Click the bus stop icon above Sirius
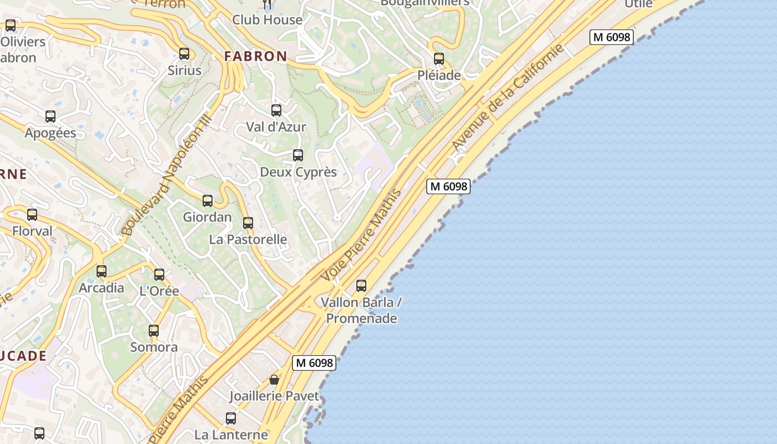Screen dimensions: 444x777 [x=184, y=54]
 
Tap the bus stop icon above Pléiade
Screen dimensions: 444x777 [x=439, y=58]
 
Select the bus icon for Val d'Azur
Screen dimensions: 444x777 [x=276, y=110]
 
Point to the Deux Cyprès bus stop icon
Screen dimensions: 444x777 [x=298, y=155]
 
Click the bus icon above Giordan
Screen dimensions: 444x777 [x=208, y=201]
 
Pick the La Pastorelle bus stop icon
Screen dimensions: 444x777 [x=248, y=223]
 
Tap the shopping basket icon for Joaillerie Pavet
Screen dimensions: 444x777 [x=274, y=380]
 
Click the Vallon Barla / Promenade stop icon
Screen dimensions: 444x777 [x=361, y=286]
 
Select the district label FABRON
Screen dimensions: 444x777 [x=256, y=56]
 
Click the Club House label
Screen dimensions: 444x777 [x=267, y=20]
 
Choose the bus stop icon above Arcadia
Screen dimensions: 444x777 [x=102, y=271]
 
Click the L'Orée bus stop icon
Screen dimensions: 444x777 [x=159, y=274]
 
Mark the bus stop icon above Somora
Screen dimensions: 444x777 [x=154, y=331]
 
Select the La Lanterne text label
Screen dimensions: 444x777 [x=231, y=435]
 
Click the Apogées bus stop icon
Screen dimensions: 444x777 [x=51, y=117]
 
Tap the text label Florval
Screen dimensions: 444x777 [x=32, y=231]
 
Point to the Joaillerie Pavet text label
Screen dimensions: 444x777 [x=275, y=396]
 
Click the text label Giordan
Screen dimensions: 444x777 [x=208, y=217]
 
